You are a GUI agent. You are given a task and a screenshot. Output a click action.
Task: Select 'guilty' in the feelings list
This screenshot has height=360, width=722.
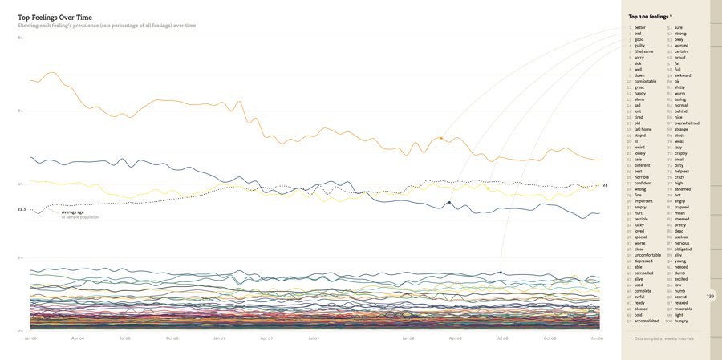tap(639, 45)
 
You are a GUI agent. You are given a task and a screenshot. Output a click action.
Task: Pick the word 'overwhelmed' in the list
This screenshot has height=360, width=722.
tap(687, 123)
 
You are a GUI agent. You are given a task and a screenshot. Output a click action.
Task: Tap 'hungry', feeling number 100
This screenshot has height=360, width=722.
tap(683, 321)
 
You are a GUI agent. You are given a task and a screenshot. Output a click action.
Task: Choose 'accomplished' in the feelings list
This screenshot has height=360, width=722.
tap(647, 321)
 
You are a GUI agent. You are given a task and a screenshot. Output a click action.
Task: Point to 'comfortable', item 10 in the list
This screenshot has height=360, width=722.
tap(645, 81)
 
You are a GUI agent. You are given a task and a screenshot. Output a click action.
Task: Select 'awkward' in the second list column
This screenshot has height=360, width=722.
tap(683, 75)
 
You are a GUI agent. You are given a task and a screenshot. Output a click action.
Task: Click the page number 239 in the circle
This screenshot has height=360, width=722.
tap(710, 296)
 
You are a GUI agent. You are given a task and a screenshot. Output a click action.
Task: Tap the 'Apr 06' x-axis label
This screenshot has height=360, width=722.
tap(78, 338)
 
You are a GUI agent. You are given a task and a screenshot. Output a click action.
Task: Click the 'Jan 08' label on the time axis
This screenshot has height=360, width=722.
tap(408, 338)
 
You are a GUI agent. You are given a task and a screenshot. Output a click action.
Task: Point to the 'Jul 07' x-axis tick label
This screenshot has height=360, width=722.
tap(313, 338)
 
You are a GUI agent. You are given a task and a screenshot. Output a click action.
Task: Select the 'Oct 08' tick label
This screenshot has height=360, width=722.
tap(549, 338)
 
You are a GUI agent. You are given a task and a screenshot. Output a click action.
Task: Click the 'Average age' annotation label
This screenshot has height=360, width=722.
tap(74, 212)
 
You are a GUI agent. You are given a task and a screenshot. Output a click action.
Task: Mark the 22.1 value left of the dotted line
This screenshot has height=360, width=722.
tap(22, 209)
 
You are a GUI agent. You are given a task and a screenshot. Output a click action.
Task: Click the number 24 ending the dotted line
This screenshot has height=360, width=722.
tap(605, 185)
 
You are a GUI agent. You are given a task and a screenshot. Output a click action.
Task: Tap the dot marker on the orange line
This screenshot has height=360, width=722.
tap(441, 138)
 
